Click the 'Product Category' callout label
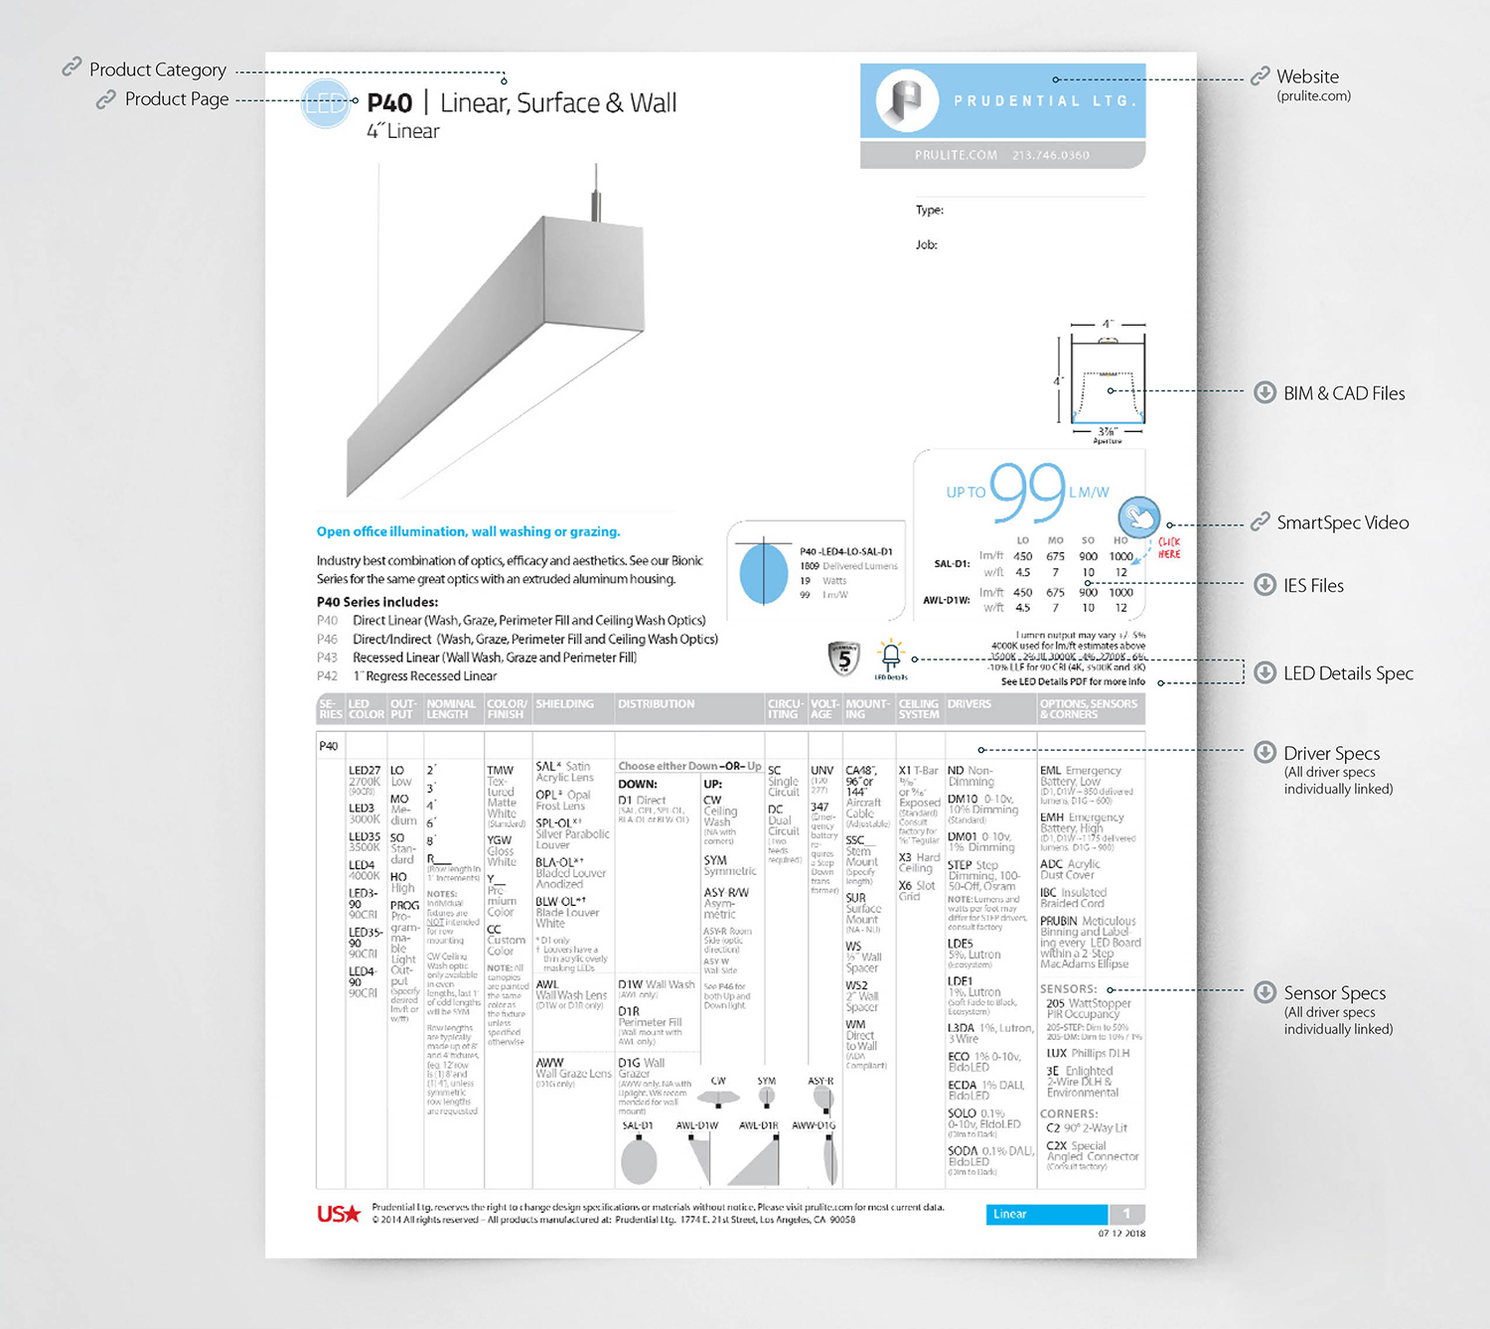tap(157, 70)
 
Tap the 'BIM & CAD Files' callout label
tap(1343, 393)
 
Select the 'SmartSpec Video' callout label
tap(1342, 522)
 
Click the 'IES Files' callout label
tap(1312, 586)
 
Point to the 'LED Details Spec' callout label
tap(1347, 673)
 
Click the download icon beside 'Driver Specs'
tap(1265, 752)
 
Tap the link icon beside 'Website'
tap(1260, 75)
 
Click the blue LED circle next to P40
tap(325, 101)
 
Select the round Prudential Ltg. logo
tap(907, 99)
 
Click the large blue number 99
tap(1027, 493)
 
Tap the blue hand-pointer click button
tap(1138, 517)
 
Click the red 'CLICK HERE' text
tap(1169, 548)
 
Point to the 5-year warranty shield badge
tap(843, 658)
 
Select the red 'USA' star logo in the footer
tap(338, 1214)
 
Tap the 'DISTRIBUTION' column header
tap(656, 704)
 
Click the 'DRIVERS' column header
tap(968, 704)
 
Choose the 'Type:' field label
tap(930, 211)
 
